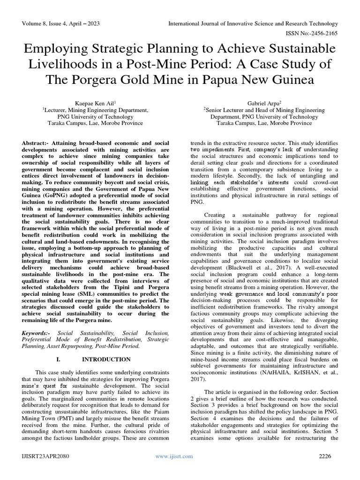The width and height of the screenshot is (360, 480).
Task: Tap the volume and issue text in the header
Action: (60, 23)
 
